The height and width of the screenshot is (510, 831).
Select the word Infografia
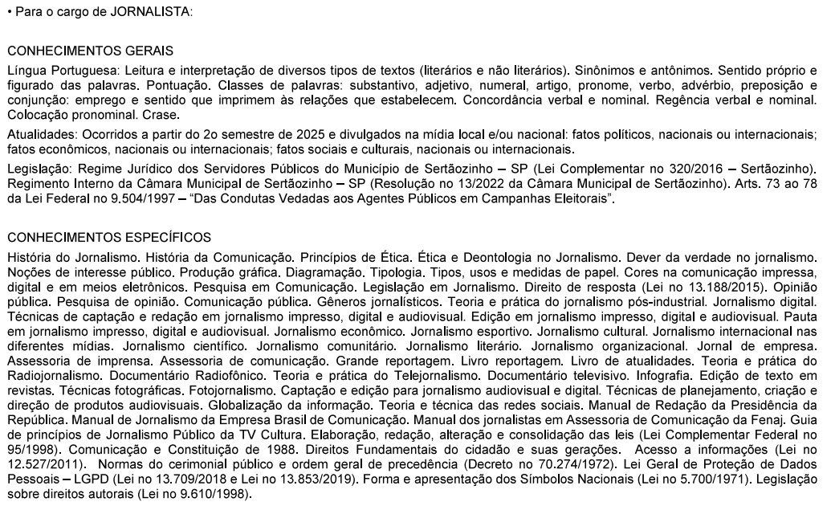[x=663, y=375]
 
